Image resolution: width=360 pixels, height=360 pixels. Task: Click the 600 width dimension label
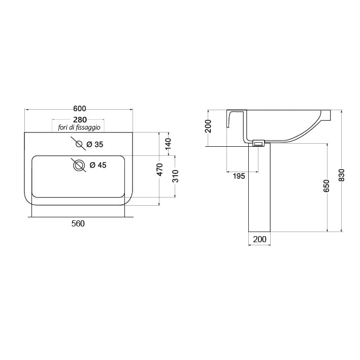[x=79, y=108]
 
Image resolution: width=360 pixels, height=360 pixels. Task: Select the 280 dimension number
[x=80, y=120]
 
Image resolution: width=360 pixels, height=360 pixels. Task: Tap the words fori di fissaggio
[x=79, y=127]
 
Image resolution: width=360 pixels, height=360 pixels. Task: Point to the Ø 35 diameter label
[x=95, y=144]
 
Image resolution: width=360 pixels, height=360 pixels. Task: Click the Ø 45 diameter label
[x=98, y=165]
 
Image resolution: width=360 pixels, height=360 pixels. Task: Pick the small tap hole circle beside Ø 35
[x=79, y=144]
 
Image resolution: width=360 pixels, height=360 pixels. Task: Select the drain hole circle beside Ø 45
[x=79, y=166]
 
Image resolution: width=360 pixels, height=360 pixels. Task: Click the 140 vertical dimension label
[x=168, y=144]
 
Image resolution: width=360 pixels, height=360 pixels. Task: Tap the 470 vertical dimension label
[x=160, y=170]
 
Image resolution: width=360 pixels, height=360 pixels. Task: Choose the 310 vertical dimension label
[x=175, y=176]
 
